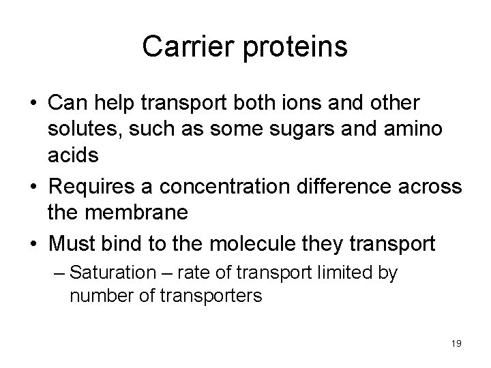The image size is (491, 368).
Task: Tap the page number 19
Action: [x=456, y=343]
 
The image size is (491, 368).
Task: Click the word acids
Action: [x=73, y=156]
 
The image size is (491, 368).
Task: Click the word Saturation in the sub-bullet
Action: [x=122, y=274]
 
